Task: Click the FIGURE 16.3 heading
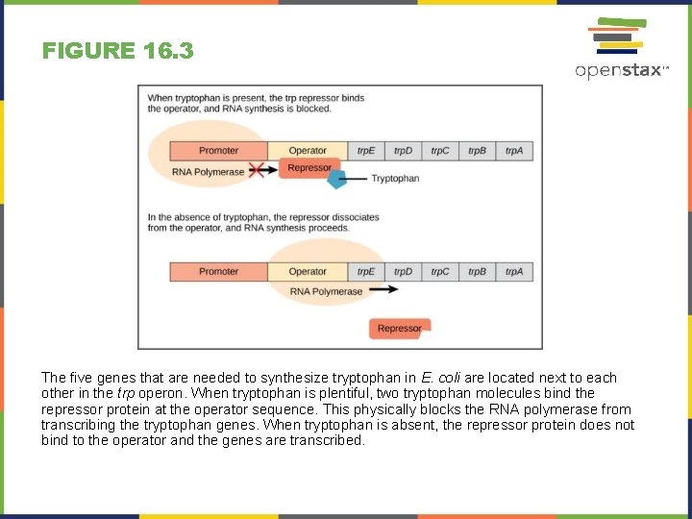click(x=117, y=50)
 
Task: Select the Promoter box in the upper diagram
click(x=218, y=151)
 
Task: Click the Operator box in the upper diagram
click(x=308, y=151)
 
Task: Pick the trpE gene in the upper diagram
click(x=366, y=151)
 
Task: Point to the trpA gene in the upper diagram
click(x=514, y=151)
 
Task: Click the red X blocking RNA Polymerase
click(x=258, y=171)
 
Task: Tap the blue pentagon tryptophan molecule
click(x=337, y=179)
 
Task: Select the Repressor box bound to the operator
click(x=309, y=168)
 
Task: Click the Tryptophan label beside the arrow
click(x=395, y=179)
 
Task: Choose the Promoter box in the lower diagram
click(x=218, y=272)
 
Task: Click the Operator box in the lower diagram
click(x=308, y=272)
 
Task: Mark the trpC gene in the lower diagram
click(x=440, y=272)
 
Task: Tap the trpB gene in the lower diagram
click(x=477, y=272)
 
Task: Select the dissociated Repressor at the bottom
click(x=399, y=329)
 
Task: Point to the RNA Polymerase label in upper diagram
click(x=208, y=172)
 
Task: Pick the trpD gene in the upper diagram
click(x=403, y=151)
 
